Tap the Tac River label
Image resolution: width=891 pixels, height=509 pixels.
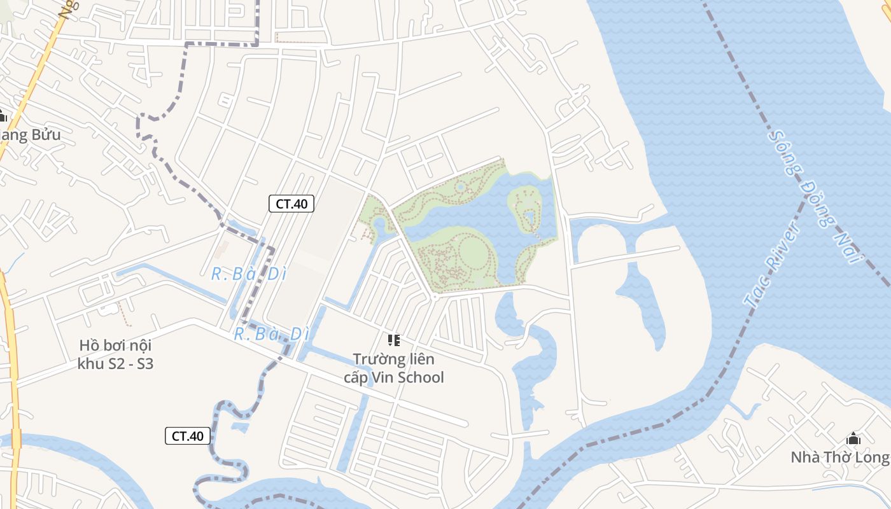(772, 265)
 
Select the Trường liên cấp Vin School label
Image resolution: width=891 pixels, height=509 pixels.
(393, 368)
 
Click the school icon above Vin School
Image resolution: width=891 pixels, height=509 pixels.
(394, 340)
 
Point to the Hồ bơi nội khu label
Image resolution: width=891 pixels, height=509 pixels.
(115, 354)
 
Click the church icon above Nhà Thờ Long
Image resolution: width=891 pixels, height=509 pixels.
(853, 438)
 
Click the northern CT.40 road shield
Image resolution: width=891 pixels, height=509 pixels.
(291, 204)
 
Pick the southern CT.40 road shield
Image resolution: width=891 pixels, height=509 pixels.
(188, 436)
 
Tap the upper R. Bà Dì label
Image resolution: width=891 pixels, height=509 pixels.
(249, 274)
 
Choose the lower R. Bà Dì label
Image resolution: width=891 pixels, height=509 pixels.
(271, 333)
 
